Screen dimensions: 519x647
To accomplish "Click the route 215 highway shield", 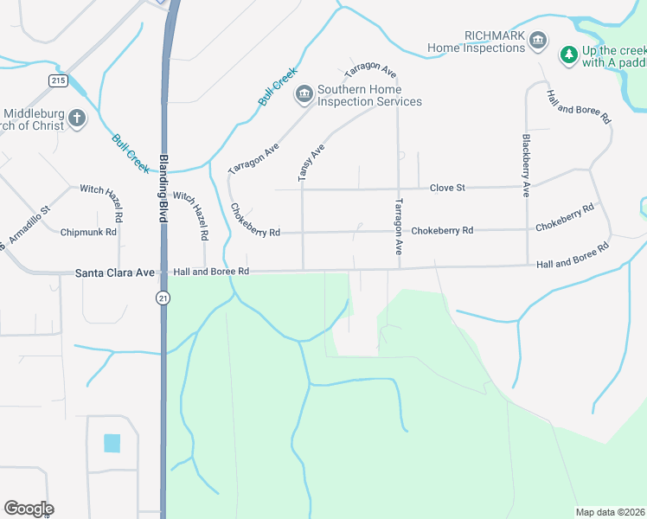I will [58, 80].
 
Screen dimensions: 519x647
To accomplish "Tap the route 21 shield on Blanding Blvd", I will [162, 298].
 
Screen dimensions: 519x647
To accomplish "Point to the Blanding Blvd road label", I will [163, 189].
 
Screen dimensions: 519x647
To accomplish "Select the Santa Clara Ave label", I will [114, 272].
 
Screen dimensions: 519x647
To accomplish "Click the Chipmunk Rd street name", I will [88, 232].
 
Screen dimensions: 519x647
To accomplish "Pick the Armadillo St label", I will [29, 223].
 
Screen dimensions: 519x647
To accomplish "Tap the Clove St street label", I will [448, 188].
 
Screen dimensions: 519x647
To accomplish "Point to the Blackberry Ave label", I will [525, 165].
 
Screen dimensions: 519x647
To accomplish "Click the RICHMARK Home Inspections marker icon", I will [537, 41].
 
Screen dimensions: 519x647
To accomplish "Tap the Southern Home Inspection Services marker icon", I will [304, 93].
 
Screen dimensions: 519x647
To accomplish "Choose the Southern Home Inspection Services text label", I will [369, 95].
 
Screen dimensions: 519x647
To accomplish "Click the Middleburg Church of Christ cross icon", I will [76, 119].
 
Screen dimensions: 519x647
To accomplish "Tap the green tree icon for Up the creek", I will [568, 55].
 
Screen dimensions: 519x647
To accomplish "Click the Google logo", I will [29, 509].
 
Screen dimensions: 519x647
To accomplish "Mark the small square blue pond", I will [112, 443].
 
